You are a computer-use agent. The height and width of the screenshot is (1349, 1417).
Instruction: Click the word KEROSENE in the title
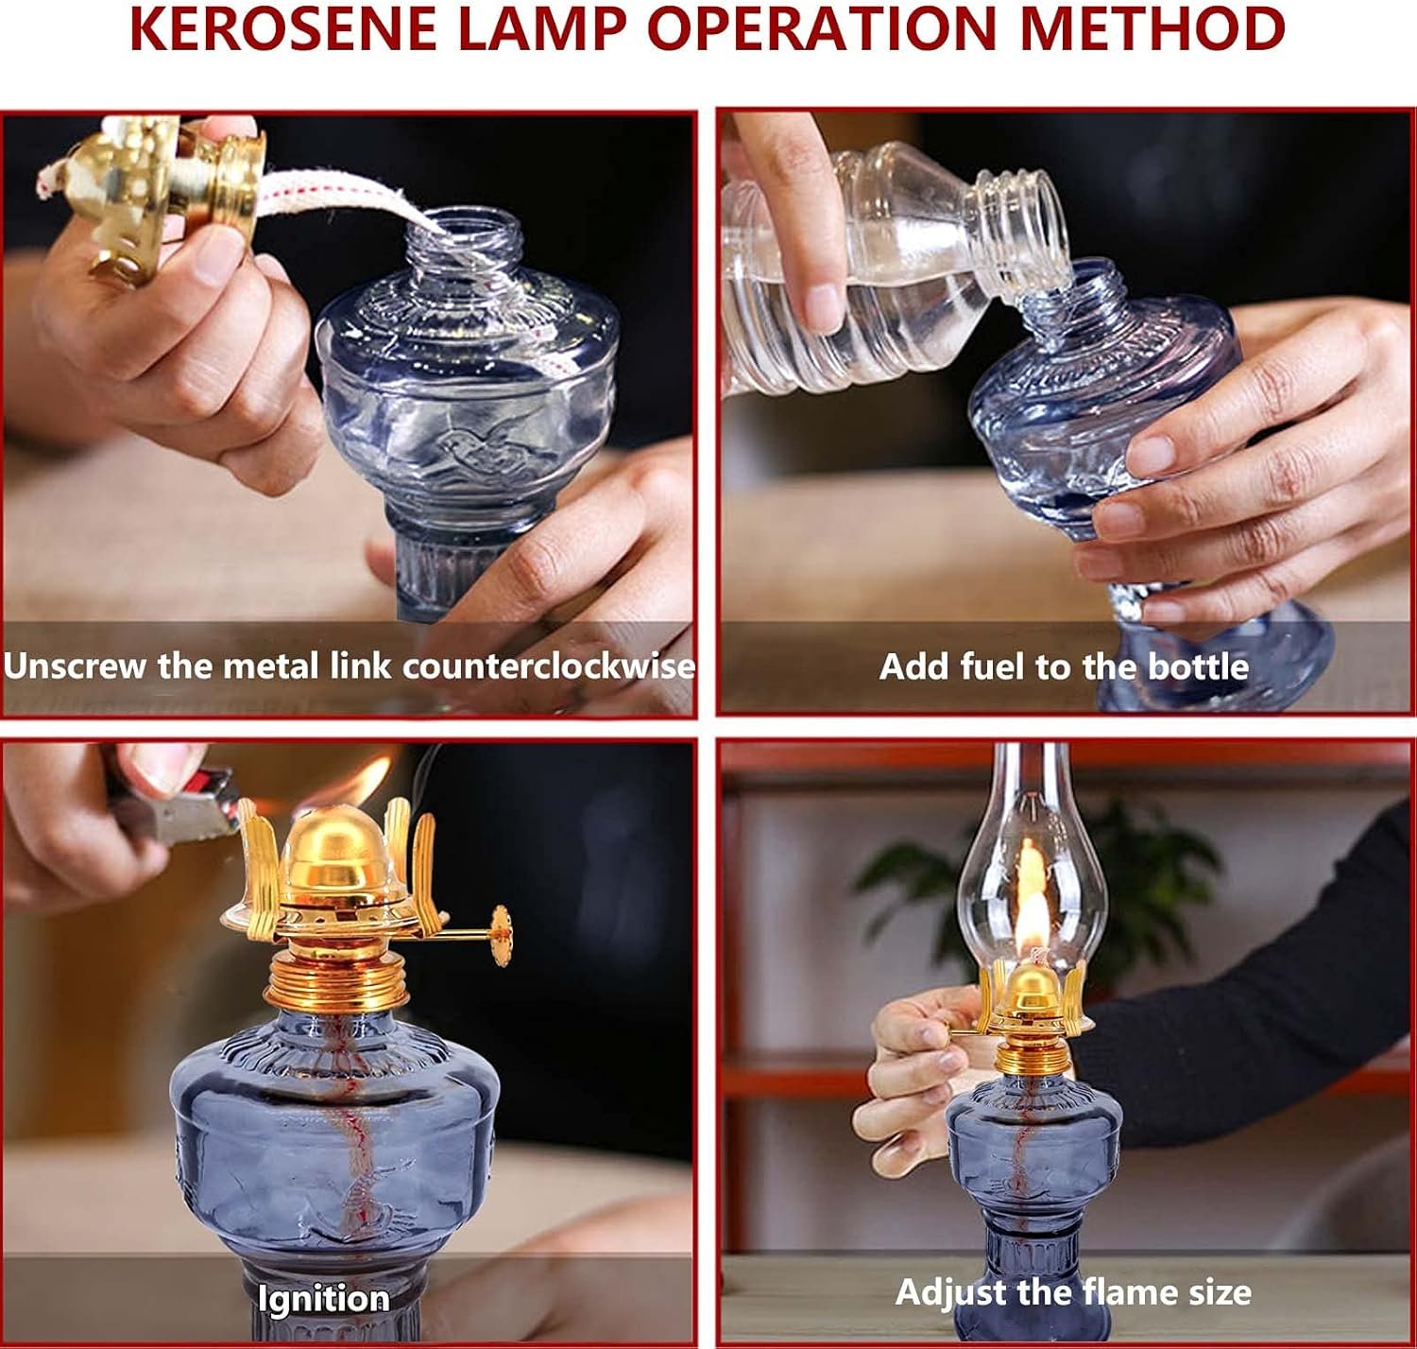click(x=283, y=28)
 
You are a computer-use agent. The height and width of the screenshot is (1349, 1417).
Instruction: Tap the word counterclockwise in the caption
click(x=549, y=666)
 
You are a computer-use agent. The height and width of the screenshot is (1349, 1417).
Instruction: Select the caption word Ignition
click(x=324, y=1299)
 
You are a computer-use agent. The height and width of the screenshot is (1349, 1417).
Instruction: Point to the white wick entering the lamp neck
click(x=346, y=202)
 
